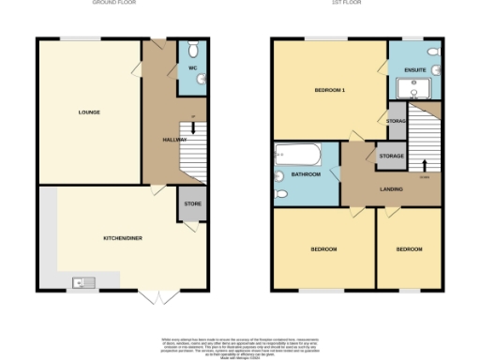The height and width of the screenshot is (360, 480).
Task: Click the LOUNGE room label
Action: [x=89, y=112]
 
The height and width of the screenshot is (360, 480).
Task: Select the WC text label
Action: [x=191, y=69]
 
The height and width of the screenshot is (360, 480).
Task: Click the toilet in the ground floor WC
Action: [x=192, y=50]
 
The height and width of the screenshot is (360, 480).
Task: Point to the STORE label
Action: [x=192, y=204]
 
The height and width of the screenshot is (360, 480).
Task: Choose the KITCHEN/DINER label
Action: [x=122, y=238]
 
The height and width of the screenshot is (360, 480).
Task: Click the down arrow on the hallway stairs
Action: [x=192, y=127]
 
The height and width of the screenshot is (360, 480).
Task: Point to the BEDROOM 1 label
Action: [x=330, y=90]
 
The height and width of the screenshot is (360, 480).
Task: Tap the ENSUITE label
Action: [x=415, y=70]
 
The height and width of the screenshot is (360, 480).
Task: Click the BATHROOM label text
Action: [x=306, y=174]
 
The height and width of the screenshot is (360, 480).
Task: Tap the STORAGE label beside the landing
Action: [x=391, y=157]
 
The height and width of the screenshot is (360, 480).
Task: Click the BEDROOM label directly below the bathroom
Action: [x=322, y=249]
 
